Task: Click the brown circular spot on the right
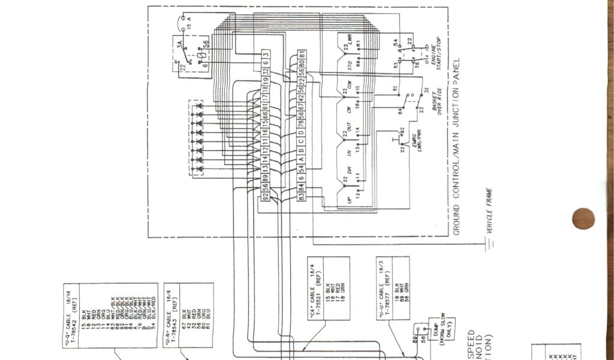[583, 218]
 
